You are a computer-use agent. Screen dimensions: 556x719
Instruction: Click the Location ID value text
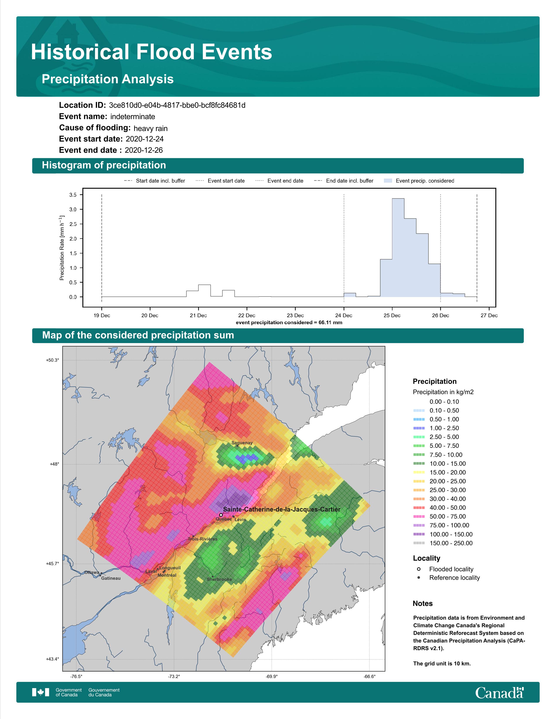(x=177, y=105)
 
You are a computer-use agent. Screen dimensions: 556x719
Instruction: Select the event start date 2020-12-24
(x=145, y=139)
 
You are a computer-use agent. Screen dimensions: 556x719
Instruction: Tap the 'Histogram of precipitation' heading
(x=104, y=165)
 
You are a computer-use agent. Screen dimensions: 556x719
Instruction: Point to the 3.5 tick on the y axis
(x=73, y=195)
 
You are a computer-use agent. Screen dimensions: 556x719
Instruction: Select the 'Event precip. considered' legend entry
(x=419, y=181)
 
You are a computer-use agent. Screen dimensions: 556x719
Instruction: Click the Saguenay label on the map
(x=242, y=443)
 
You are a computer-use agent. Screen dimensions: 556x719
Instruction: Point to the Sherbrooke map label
(x=219, y=579)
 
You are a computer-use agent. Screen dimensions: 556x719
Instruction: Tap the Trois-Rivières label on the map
(x=203, y=539)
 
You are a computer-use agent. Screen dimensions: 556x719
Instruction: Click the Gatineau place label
(x=111, y=578)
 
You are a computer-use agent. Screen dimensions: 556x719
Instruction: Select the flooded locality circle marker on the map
(x=221, y=515)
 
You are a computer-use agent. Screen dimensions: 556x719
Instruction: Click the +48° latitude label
(x=54, y=464)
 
